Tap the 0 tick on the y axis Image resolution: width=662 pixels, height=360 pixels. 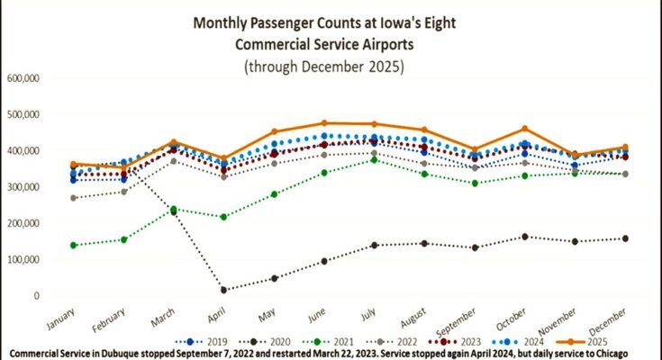(x=35, y=295)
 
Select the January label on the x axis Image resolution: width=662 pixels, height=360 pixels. (x=60, y=316)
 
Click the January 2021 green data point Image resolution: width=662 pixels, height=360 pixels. (x=73, y=245)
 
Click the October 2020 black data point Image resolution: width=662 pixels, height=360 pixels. (x=523, y=237)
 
